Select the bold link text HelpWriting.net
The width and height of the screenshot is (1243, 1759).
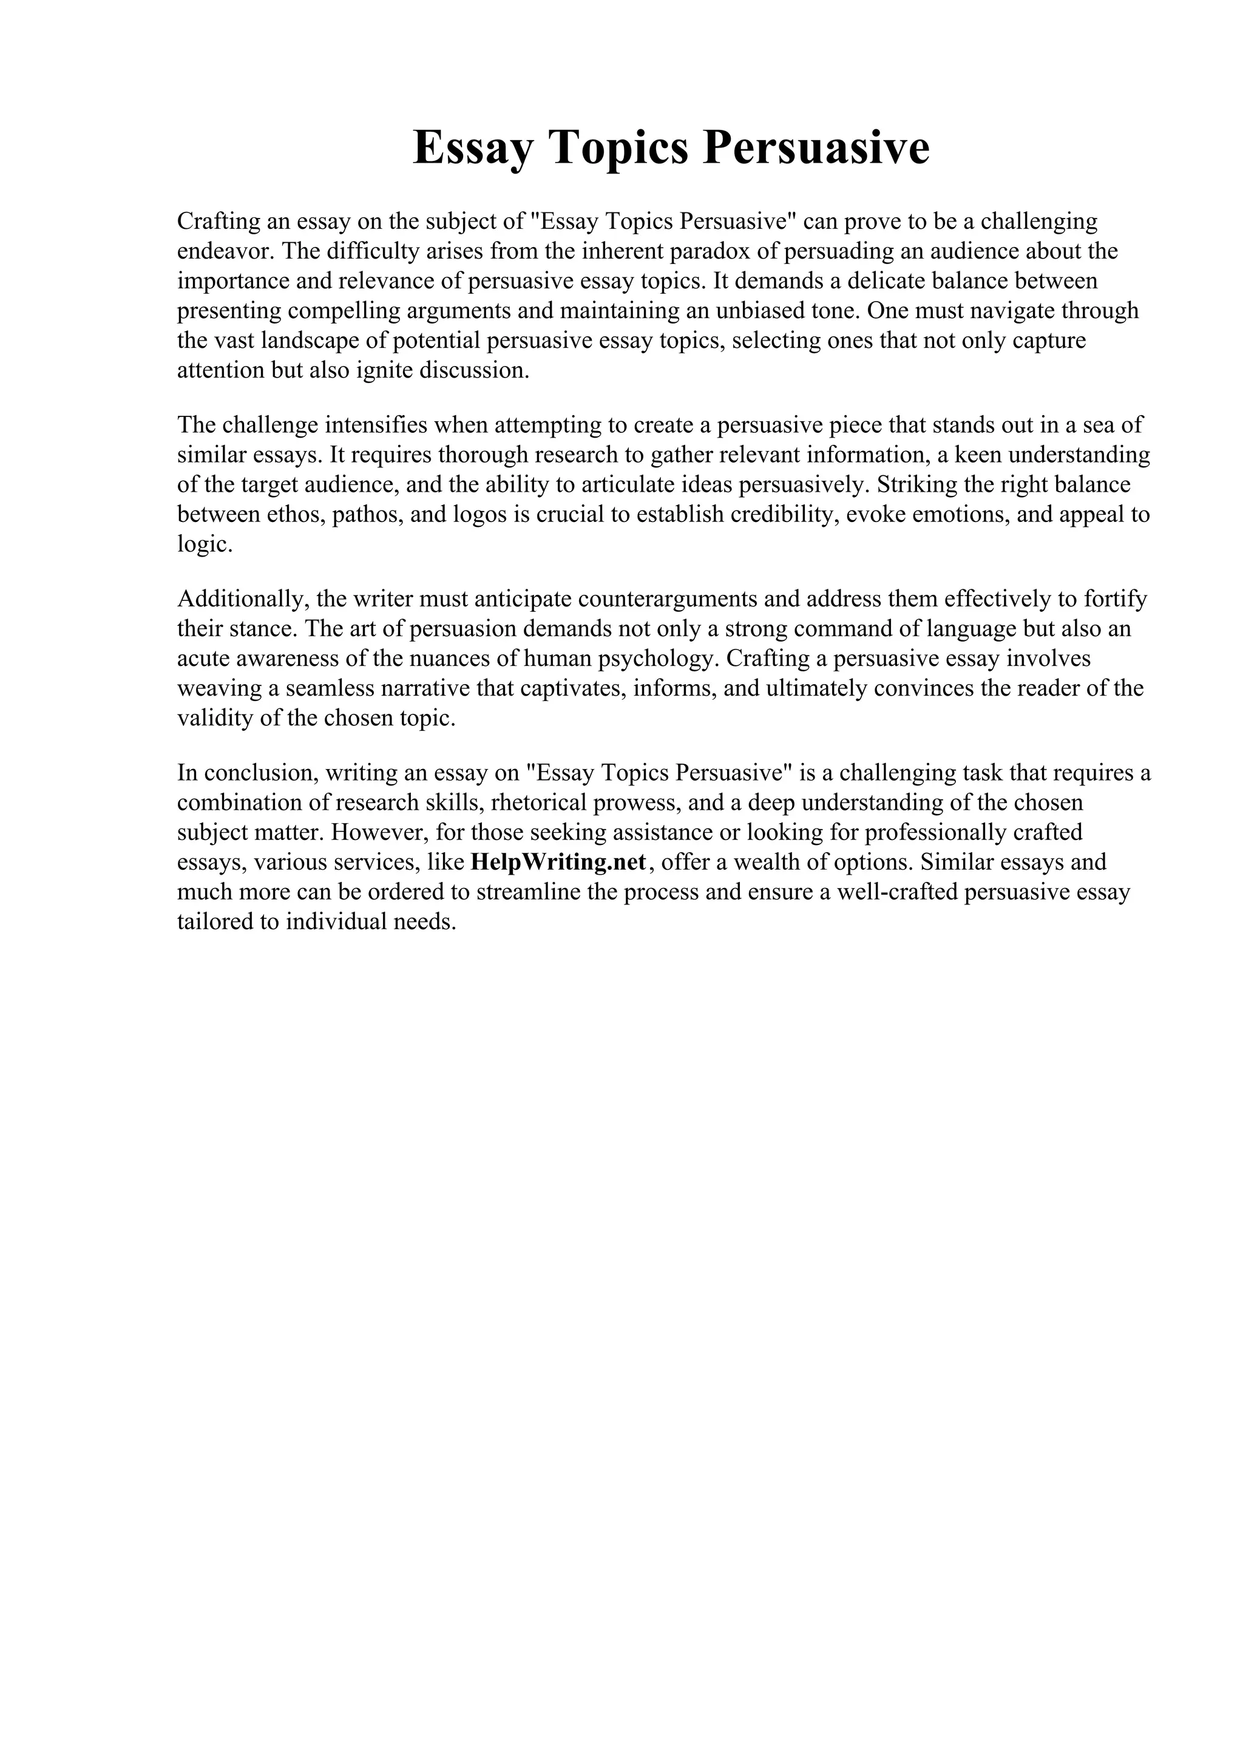coord(558,862)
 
